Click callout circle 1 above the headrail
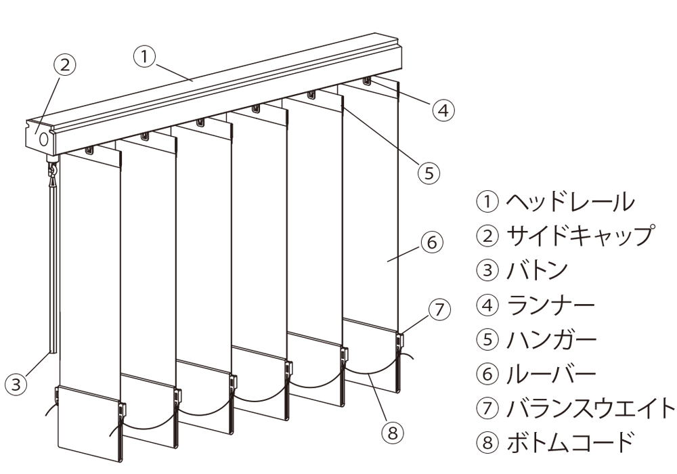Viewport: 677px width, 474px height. (x=145, y=57)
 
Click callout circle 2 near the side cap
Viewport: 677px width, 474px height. (x=65, y=65)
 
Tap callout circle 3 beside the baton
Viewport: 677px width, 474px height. (x=16, y=383)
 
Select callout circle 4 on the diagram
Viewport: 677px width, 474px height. (x=443, y=110)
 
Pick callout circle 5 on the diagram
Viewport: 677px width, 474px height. (x=429, y=173)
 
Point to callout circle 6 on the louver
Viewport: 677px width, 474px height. (x=432, y=242)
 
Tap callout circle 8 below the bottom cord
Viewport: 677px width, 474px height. (x=392, y=432)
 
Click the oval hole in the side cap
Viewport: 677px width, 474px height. (x=44, y=139)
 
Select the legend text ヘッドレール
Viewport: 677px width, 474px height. (x=570, y=202)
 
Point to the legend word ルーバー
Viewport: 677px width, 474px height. (x=550, y=373)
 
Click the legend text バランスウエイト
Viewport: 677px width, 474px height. (x=590, y=408)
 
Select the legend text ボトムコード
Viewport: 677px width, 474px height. (x=570, y=442)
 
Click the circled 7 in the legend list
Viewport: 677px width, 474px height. (x=487, y=408)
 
